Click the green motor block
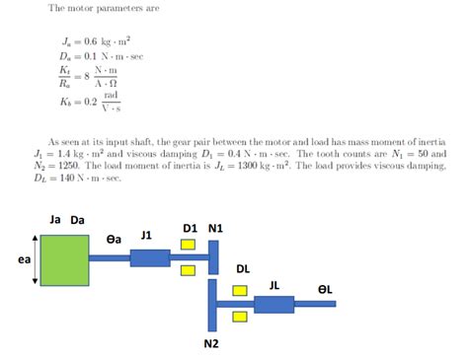(x=64, y=260)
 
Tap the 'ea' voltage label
(x=24, y=259)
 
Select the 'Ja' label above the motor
(x=55, y=219)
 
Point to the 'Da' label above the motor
(x=77, y=220)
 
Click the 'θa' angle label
(x=114, y=240)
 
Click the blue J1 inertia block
(x=150, y=258)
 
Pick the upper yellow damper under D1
(x=188, y=245)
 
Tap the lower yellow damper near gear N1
(x=188, y=270)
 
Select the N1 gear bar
(x=213, y=257)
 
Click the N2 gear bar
(x=212, y=305)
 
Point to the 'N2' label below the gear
(x=211, y=343)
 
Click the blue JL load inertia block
(x=274, y=305)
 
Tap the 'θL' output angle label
(x=325, y=289)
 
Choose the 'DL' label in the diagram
(x=243, y=269)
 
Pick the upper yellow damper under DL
(x=240, y=291)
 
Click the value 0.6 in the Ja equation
(x=91, y=41)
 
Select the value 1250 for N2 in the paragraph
(x=69, y=166)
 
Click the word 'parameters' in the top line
(x=120, y=8)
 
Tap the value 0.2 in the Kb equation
(x=91, y=102)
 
